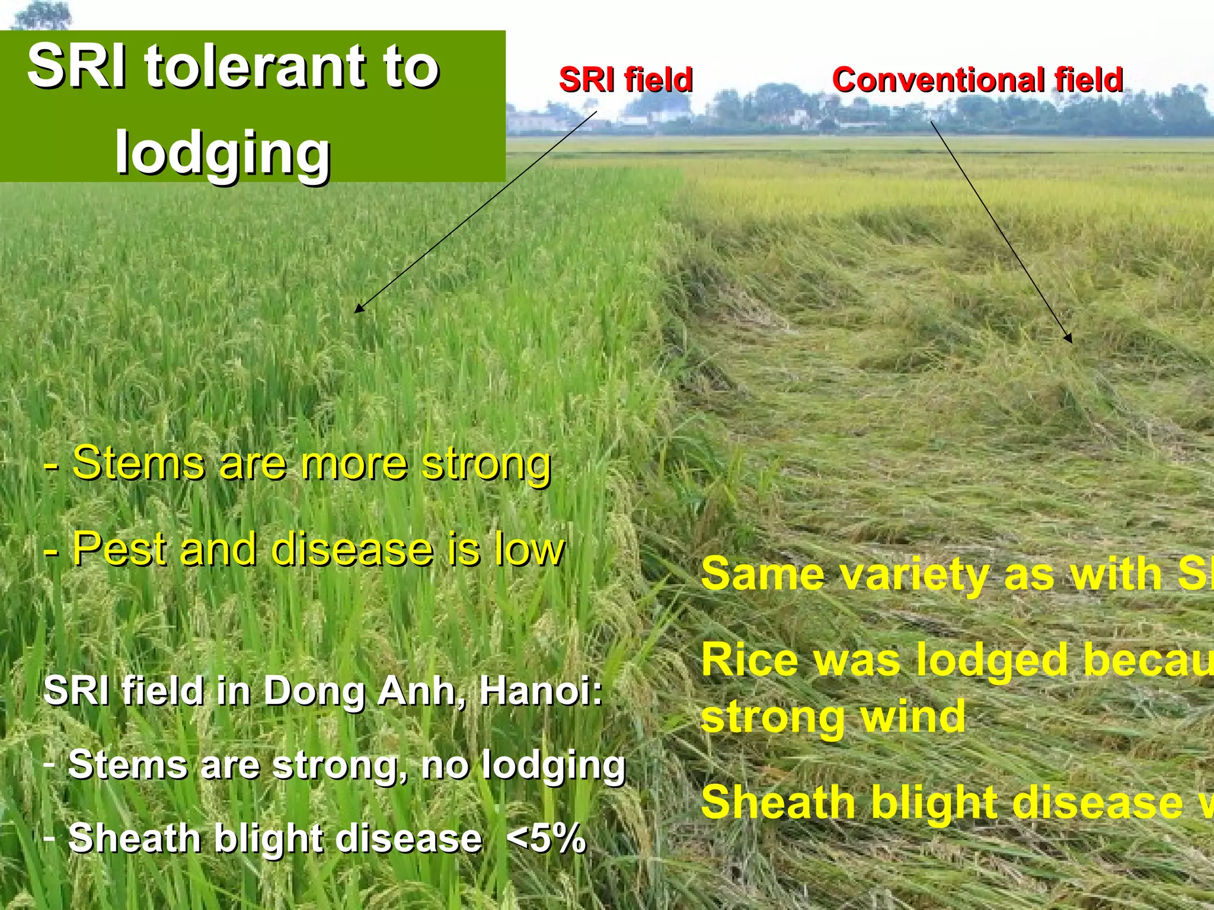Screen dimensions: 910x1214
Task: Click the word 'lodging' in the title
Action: tap(222, 153)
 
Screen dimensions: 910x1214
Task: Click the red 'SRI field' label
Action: tap(625, 79)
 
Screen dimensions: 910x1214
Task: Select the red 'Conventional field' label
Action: tap(977, 79)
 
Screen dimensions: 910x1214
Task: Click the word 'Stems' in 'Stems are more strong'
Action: tap(138, 463)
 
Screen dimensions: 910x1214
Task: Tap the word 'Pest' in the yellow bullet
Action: tap(118, 549)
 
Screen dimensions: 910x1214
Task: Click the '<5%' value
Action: tap(546, 838)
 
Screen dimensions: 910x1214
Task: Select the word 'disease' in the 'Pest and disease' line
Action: tap(352, 549)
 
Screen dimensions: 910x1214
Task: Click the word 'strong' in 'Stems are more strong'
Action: tap(486, 463)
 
